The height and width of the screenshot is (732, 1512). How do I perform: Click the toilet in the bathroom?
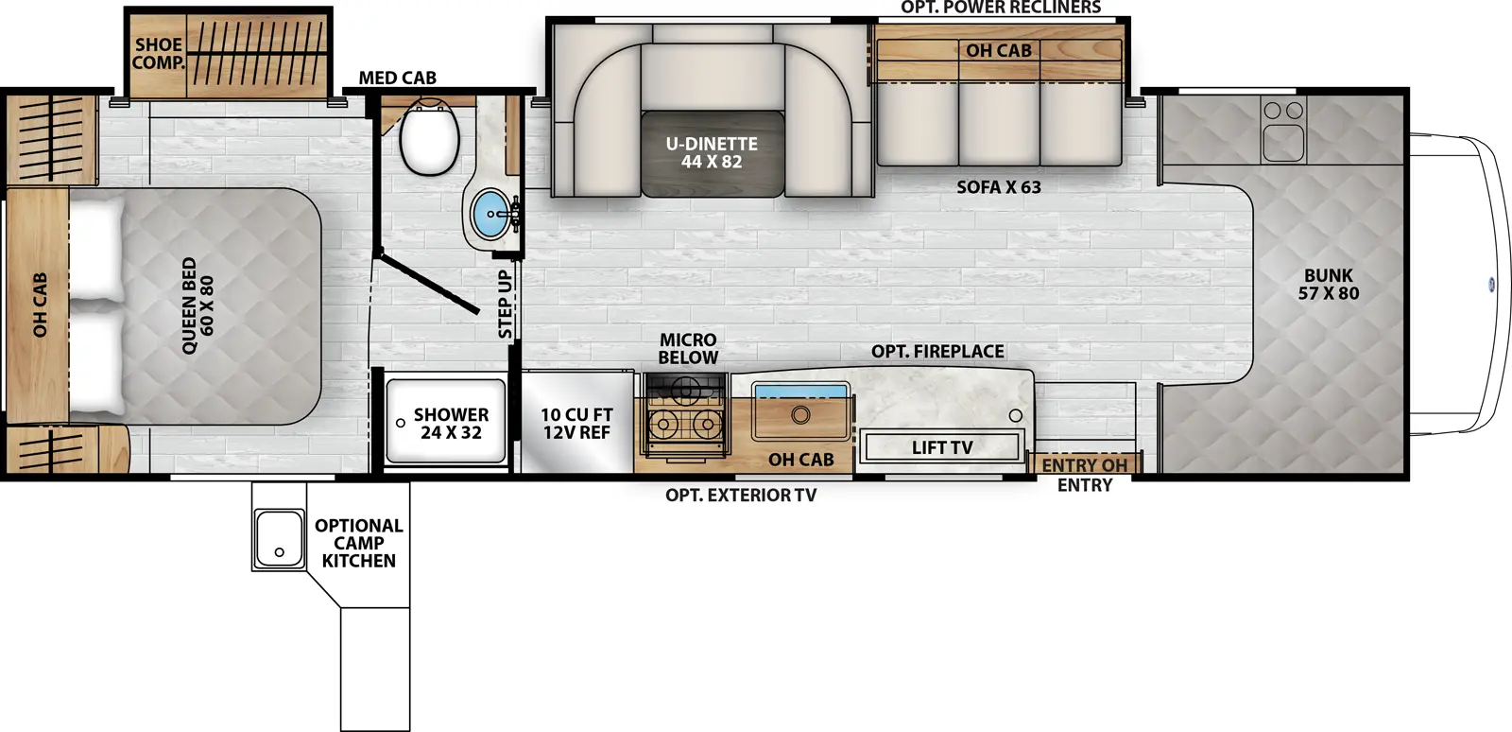[x=429, y=139]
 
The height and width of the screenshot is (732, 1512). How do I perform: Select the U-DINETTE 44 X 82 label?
[x=712, y=152]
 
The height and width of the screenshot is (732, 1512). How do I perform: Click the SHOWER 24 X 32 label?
[x=451, y=424]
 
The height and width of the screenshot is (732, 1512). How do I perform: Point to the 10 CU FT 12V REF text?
[x=576, y=424]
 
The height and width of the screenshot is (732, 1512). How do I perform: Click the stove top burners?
[x=685, y=423]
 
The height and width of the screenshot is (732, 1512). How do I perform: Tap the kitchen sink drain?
[x=800, y=413]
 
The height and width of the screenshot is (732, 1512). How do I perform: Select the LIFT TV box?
[x=941, y=447]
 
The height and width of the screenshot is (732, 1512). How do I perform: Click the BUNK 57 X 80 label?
[x=1328, y=285]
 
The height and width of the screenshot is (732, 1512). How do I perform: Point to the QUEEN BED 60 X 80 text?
[x=198, y=305]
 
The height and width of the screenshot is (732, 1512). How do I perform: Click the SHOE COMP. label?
[x=158, y=53]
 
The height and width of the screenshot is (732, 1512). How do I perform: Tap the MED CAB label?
[x=397, y=78]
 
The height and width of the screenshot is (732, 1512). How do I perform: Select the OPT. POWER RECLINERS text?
[x=1000, y=8]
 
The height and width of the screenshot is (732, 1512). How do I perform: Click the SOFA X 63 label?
[x=998, y=187]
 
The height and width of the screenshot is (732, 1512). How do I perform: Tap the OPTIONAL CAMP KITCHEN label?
[x=358, y=543]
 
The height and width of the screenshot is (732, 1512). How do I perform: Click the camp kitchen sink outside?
[x=279, y=538]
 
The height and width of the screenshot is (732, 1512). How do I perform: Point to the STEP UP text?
[x=506, y=305]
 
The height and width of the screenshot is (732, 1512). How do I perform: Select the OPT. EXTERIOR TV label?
[x=740, y=495]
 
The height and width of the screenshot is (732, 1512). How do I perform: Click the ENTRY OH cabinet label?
[x=1084, y=465]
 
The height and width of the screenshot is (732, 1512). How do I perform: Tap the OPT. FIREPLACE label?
[x=937, y=351]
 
